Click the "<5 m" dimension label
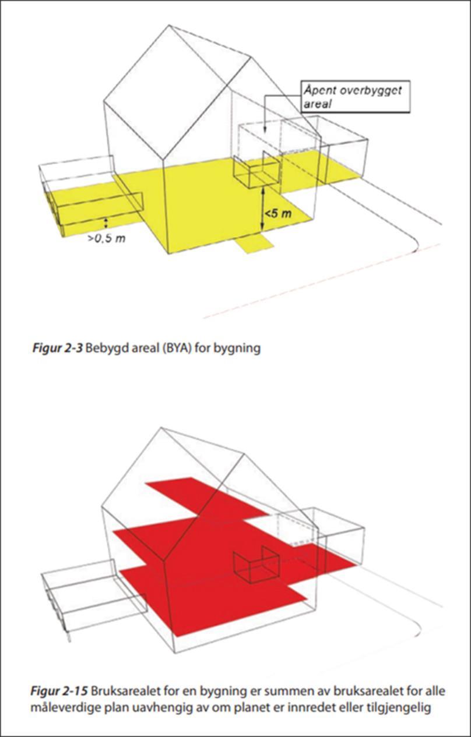[x=278, y=214]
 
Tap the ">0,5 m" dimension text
[x=107, y=238]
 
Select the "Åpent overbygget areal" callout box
[x=356, y=96]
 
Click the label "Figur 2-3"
[x=57, y=348]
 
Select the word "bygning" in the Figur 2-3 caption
[x=237, y=348]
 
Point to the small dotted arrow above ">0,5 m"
[x=106, y=223]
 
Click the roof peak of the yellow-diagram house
[x=169, y=25]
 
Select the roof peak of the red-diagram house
[x=161, y=428]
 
